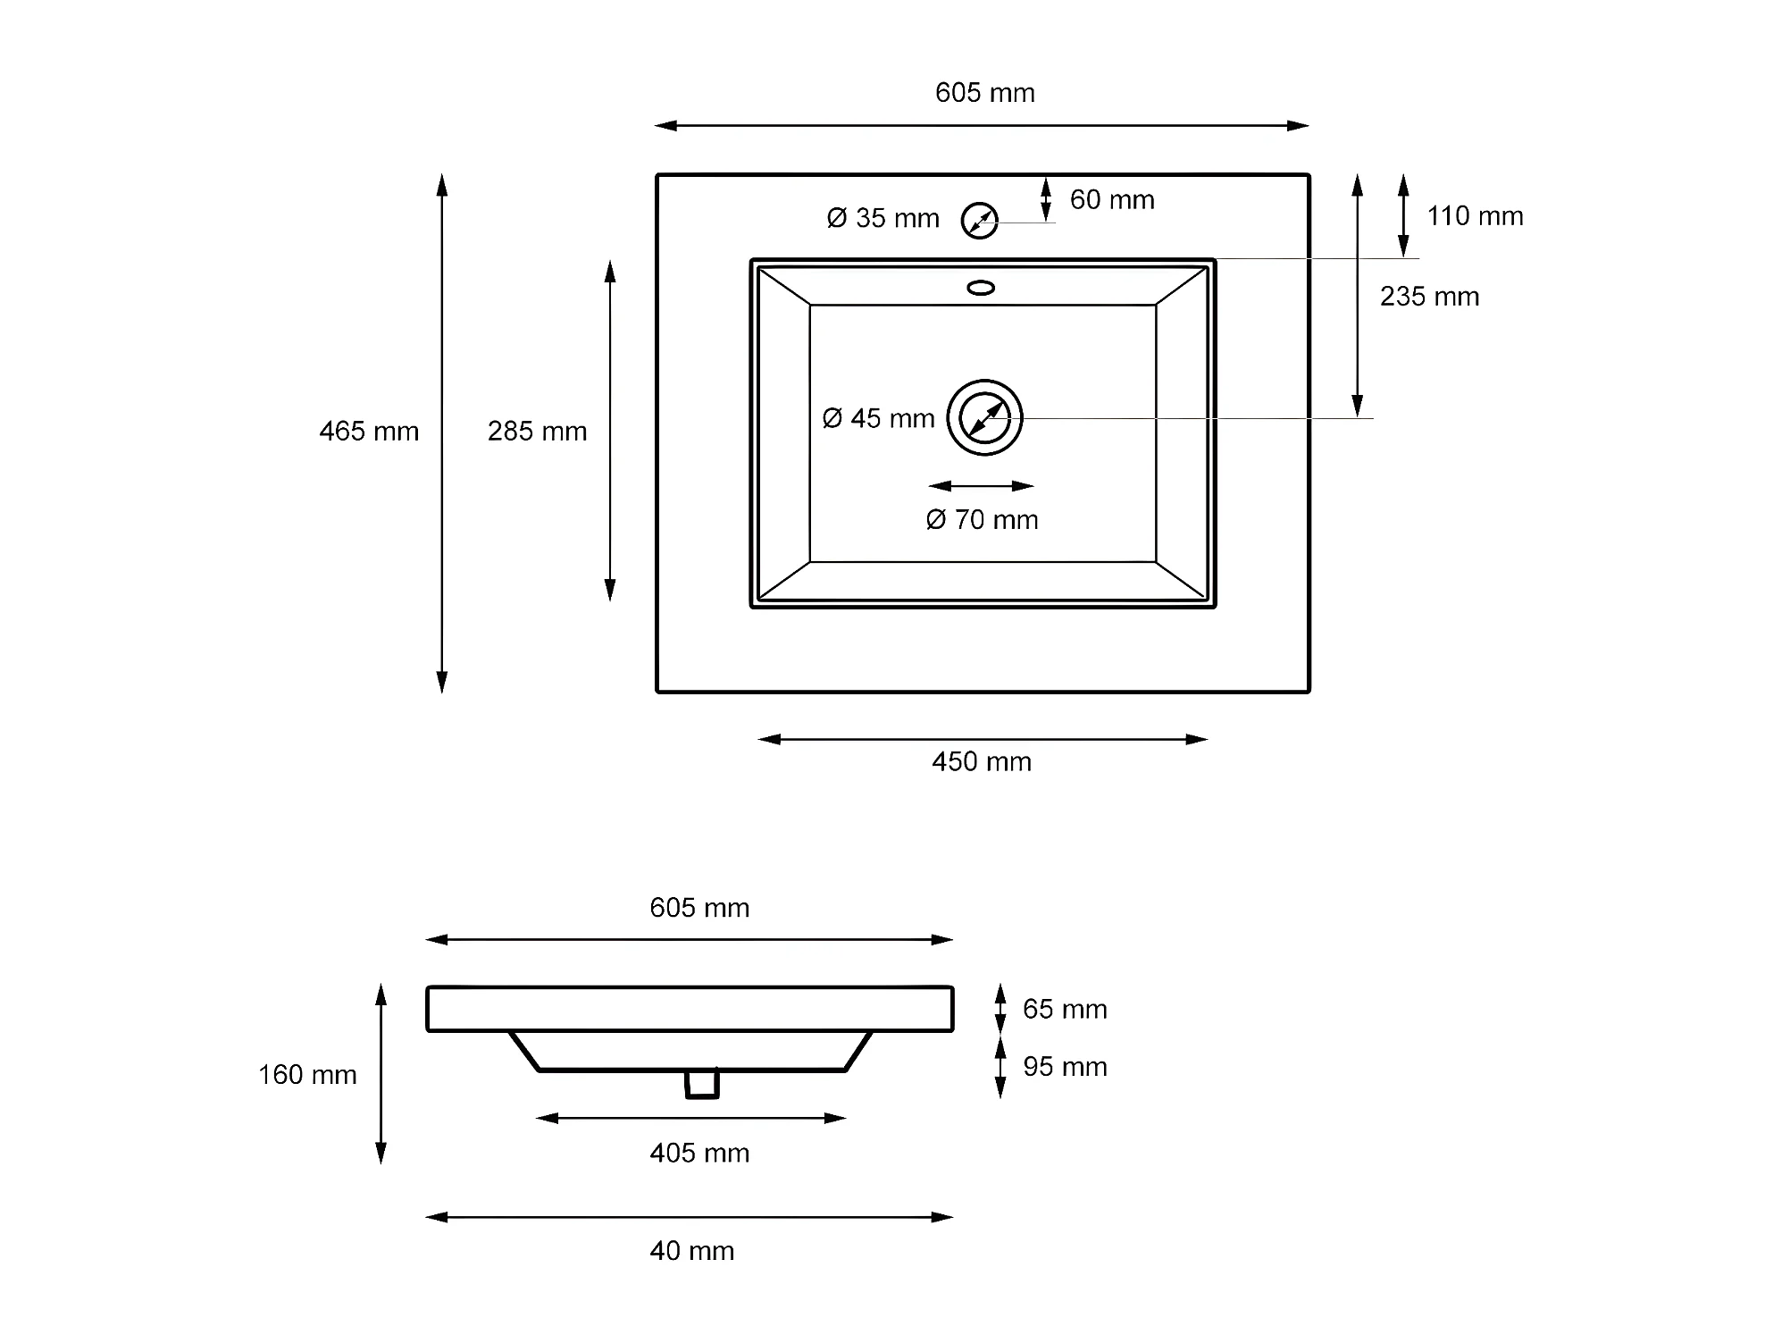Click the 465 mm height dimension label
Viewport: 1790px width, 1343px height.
[x=369, y=432]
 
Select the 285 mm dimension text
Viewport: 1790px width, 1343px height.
[x=537, y=432]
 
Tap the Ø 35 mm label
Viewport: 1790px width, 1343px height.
[x=882, y=218]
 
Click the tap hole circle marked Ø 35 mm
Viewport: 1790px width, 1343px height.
[x=979, y=221]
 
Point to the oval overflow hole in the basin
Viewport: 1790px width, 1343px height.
[x=981, y=288]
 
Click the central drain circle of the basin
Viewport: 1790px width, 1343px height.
[x=984, y=417]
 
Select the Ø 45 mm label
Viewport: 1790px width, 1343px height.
[x=878, y=418]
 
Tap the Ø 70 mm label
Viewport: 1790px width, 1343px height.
[x=982, y=520]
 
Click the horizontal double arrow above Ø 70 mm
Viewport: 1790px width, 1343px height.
[x=981, y=486]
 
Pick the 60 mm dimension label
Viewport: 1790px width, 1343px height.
[x=1112, y=200]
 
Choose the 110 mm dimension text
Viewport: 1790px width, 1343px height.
[x=1475, y=216]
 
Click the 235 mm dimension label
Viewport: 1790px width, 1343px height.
[x=1429, y=297]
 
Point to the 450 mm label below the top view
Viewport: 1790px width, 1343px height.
[x=982, y=762]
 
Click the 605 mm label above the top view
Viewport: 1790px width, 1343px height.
[x=984, y=93]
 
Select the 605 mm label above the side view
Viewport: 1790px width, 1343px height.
[x=699, y=909]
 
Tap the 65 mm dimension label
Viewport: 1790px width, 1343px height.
[x=1065, y=1010]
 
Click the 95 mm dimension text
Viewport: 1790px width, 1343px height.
[x=1065, y=1067]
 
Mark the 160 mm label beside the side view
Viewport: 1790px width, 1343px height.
[x=307, y=1075]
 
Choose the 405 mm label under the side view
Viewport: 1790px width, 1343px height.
[x=699, y=1154]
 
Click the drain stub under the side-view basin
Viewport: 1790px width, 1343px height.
[x=702, y=1084]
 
